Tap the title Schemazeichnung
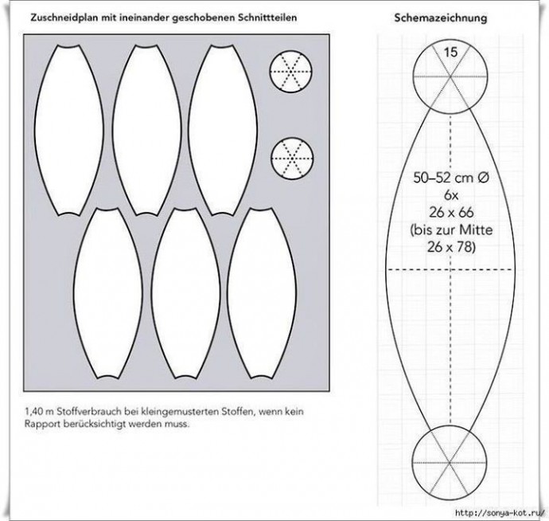[x=441, y=18]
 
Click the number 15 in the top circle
[x=450, y=53]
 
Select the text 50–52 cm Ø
[x=451, y=178]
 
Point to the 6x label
[x=451, y=195]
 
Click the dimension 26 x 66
[x=451, y=213]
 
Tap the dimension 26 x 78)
[x=451, y=247]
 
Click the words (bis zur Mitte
[x=451, y=230]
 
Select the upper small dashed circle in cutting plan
[x=290, y=72]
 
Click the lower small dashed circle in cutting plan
[x=292, y=159]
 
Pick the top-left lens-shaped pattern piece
[x=69, y=130]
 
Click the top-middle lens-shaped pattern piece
[x=146, y=130]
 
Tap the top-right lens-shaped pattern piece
[x=223, y=130]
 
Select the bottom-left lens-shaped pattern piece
[x=108, y=293]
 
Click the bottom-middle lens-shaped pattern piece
[x=185, y=293]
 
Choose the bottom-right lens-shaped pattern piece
[x=262, y=293]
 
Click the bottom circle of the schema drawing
[x=450, y=463]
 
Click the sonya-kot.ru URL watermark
[x=500, y=513]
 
